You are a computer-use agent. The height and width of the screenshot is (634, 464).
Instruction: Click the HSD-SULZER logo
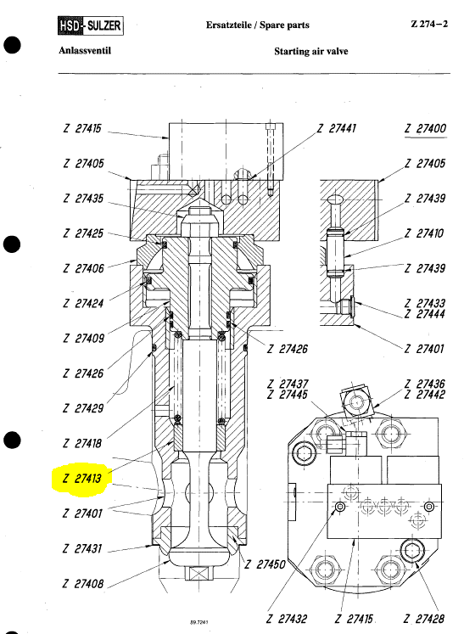point(90,25)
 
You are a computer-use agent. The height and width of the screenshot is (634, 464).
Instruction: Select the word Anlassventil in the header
point(85,51)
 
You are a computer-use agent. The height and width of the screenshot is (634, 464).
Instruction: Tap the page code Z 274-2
point(429,24)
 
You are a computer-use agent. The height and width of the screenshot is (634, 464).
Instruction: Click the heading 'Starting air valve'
point(310,52)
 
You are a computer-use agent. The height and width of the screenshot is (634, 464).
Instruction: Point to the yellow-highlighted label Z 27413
point(82,479)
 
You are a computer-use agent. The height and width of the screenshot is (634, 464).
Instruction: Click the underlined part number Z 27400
point(426,129)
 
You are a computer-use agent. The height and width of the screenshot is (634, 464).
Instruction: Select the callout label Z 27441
point(336,128)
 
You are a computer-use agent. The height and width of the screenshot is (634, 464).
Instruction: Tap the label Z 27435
point(83,199)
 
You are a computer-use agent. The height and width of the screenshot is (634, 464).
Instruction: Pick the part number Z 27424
point(83,303)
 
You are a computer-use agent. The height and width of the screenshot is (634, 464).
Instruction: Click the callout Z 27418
point(82,444)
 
